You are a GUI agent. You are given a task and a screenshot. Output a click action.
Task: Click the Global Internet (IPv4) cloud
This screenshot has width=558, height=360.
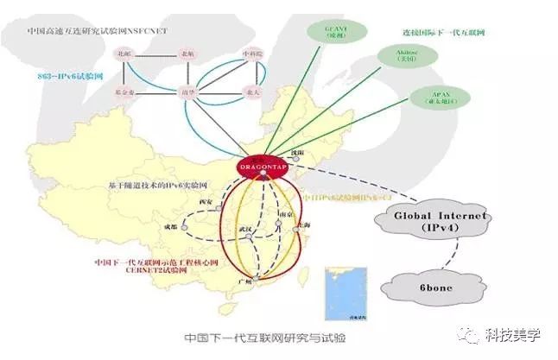(428, 221)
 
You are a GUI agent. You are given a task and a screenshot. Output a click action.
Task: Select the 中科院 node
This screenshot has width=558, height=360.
(251, 54)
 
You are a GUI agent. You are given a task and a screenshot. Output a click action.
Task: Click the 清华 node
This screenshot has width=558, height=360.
(186, 91)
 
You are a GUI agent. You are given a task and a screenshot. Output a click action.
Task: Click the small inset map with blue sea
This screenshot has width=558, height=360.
(337, 287)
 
